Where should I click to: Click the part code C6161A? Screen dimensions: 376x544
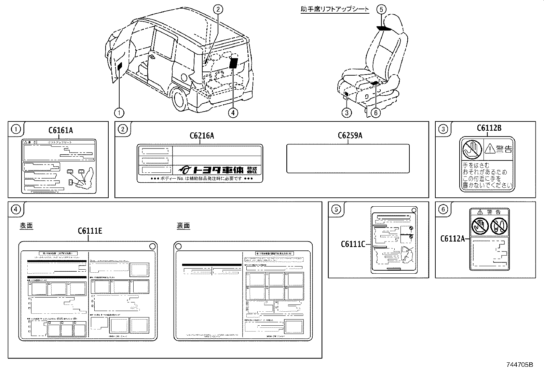click(60, 130)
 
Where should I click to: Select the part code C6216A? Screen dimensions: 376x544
click(202, 135)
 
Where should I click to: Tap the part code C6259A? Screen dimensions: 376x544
click(350, 135)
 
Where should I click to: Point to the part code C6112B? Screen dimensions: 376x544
click(489, 128)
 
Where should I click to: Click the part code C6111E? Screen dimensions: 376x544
click(90, 231)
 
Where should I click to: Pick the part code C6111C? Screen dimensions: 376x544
click(353, 244)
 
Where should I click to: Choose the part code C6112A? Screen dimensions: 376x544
click(452, 239)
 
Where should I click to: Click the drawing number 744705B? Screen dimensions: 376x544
click(519, 365)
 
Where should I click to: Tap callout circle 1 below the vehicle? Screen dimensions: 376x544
click(119, 112)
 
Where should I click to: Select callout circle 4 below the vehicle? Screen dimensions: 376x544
click(233, 112)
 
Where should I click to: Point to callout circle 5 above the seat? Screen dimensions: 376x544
click(382, 9)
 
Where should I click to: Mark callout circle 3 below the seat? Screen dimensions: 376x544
click(346, 112)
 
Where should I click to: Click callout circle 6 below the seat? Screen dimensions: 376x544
click(375, 112)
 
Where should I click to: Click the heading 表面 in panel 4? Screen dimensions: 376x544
click(26, 226)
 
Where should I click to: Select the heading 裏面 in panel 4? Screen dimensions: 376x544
click(183, 226)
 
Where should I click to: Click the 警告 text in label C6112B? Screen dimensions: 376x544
click(504, 148)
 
